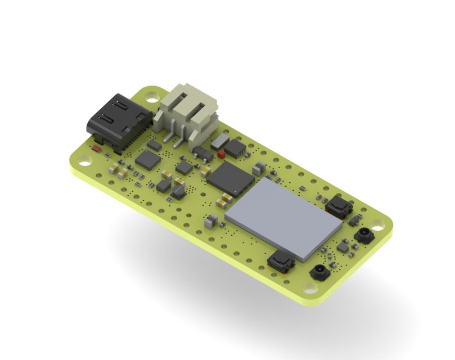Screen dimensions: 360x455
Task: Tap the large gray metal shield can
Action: click(x=283, y=217)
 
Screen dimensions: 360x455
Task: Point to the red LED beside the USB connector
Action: click(x=97, y=149)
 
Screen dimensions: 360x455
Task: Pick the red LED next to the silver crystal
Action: click(x=220, y=152)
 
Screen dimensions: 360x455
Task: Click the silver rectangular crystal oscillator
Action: click(x=221, y=141)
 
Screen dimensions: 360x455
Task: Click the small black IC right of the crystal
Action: click(x=236, y=148)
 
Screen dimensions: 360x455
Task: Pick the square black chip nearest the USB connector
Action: click(x=147, y=160)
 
